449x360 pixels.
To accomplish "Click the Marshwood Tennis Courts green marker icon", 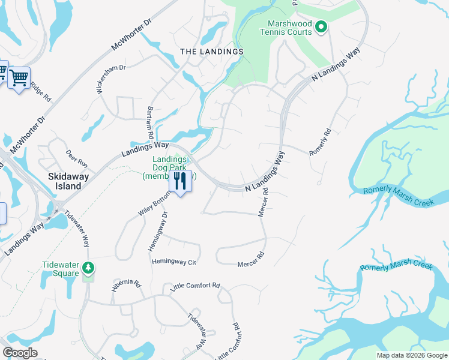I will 321,26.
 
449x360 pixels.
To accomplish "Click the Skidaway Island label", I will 65,181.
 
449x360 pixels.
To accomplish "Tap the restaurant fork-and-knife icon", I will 180,181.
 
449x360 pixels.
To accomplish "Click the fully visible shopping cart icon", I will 19,77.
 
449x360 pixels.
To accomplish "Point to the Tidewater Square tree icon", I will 88,268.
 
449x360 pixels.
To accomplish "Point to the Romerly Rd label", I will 320,142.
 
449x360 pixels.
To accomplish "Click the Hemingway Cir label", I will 174,262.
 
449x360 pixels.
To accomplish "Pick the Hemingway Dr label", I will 157,232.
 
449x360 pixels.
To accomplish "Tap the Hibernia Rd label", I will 125,285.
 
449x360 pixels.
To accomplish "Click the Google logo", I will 20,353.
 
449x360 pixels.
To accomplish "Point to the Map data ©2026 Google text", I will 412,355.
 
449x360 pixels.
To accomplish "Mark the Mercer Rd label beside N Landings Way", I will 262,204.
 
